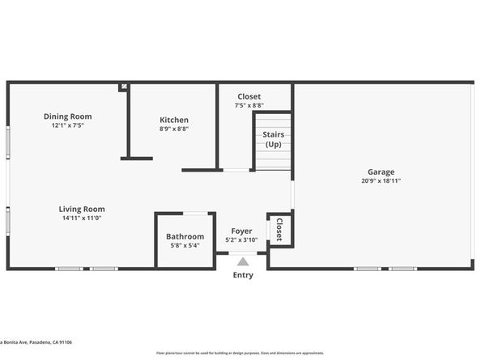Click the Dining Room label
[x=67, y=116]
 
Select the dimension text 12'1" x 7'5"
[x=67, y=125]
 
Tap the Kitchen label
[x=174, y=120]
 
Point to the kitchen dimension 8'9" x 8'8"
[x=174, y=129]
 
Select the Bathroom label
[x=185, y=236]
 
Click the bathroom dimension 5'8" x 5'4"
[x=185, y=245]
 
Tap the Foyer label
[x=241, y=231]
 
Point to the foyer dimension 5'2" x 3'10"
[x=241, y=239]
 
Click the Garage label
[x=381, y=172]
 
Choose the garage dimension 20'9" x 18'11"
[x=381, y=180]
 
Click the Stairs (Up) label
[x=273, y=139]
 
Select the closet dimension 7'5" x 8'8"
[x=249, y=105]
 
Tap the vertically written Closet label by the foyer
[x=279, y=229]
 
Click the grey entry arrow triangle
[x=242, y=261]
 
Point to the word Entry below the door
[x=242, y=275]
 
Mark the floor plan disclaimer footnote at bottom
[x=240, y=353]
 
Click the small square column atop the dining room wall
[x=123, y=87]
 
